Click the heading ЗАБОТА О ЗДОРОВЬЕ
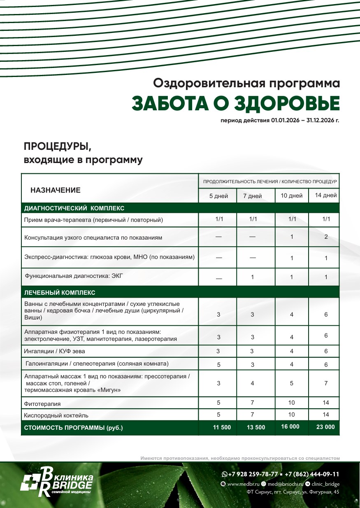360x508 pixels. point(236,103)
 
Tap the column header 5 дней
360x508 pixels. point(218,196)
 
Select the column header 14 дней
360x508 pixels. point(326,195)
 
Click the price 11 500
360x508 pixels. point(222,427)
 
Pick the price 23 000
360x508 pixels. point(325,427)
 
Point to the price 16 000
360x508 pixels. point(290,426)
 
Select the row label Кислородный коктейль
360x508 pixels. point(56,415)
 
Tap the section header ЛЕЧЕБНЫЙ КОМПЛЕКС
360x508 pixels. point(60,293)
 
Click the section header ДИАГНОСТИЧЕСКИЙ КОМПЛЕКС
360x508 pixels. point(74,208)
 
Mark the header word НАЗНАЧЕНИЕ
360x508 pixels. point(56,190)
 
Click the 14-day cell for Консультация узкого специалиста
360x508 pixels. point(326,237)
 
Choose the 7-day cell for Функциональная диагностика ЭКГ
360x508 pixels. point(253,277)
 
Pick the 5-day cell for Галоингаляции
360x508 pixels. point(218,364)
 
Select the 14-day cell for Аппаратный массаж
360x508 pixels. point(326,383)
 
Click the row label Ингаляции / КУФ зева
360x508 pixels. point(55,352)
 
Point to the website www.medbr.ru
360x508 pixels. point(243,484)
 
